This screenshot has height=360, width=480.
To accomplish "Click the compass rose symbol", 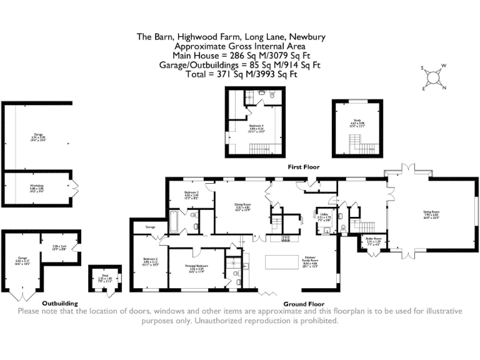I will click(432, 77).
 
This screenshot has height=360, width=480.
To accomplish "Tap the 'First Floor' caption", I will click(303, 167).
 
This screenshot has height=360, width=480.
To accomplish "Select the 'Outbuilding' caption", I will click(59, 302).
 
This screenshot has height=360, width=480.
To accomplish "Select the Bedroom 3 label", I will click(191, 194).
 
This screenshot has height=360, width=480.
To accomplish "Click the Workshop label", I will click(36, 187).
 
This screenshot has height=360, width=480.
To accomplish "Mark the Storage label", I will click(150, 227).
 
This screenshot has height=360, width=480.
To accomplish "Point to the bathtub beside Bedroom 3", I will click(176, 220).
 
